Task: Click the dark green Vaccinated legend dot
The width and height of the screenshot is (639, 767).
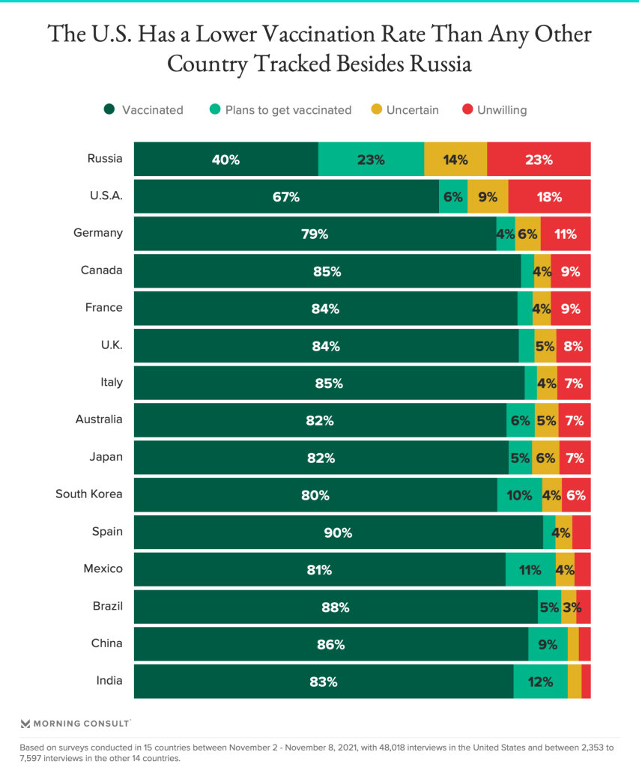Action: pos(109,110)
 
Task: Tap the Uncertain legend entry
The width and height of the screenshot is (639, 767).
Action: pos(412,110)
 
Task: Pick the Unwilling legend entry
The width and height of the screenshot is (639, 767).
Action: pos(502,110)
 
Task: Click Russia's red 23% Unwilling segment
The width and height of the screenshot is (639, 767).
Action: pos(539,160)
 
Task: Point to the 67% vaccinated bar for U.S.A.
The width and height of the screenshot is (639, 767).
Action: pos(286,197)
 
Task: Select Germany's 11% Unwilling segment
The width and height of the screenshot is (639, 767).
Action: pos(566,234)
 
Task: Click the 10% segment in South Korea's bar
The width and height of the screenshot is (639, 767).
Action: pos(519,495)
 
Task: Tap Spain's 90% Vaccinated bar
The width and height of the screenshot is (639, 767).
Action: pos(338,533)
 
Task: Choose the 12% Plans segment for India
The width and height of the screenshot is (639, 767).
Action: pos(540,682)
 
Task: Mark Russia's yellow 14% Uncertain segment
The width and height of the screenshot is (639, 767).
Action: pos(455,160)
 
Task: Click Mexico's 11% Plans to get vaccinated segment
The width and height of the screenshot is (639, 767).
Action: pos(530,570)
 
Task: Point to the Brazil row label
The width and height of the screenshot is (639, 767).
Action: pos(105,606)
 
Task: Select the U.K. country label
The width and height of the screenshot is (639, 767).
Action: pos(110,345)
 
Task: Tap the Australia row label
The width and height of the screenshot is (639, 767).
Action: pos(99,419)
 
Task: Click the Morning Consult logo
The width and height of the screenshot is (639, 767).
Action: pos(76,724)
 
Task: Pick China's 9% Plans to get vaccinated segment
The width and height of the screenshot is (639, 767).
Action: pos(548,644)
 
